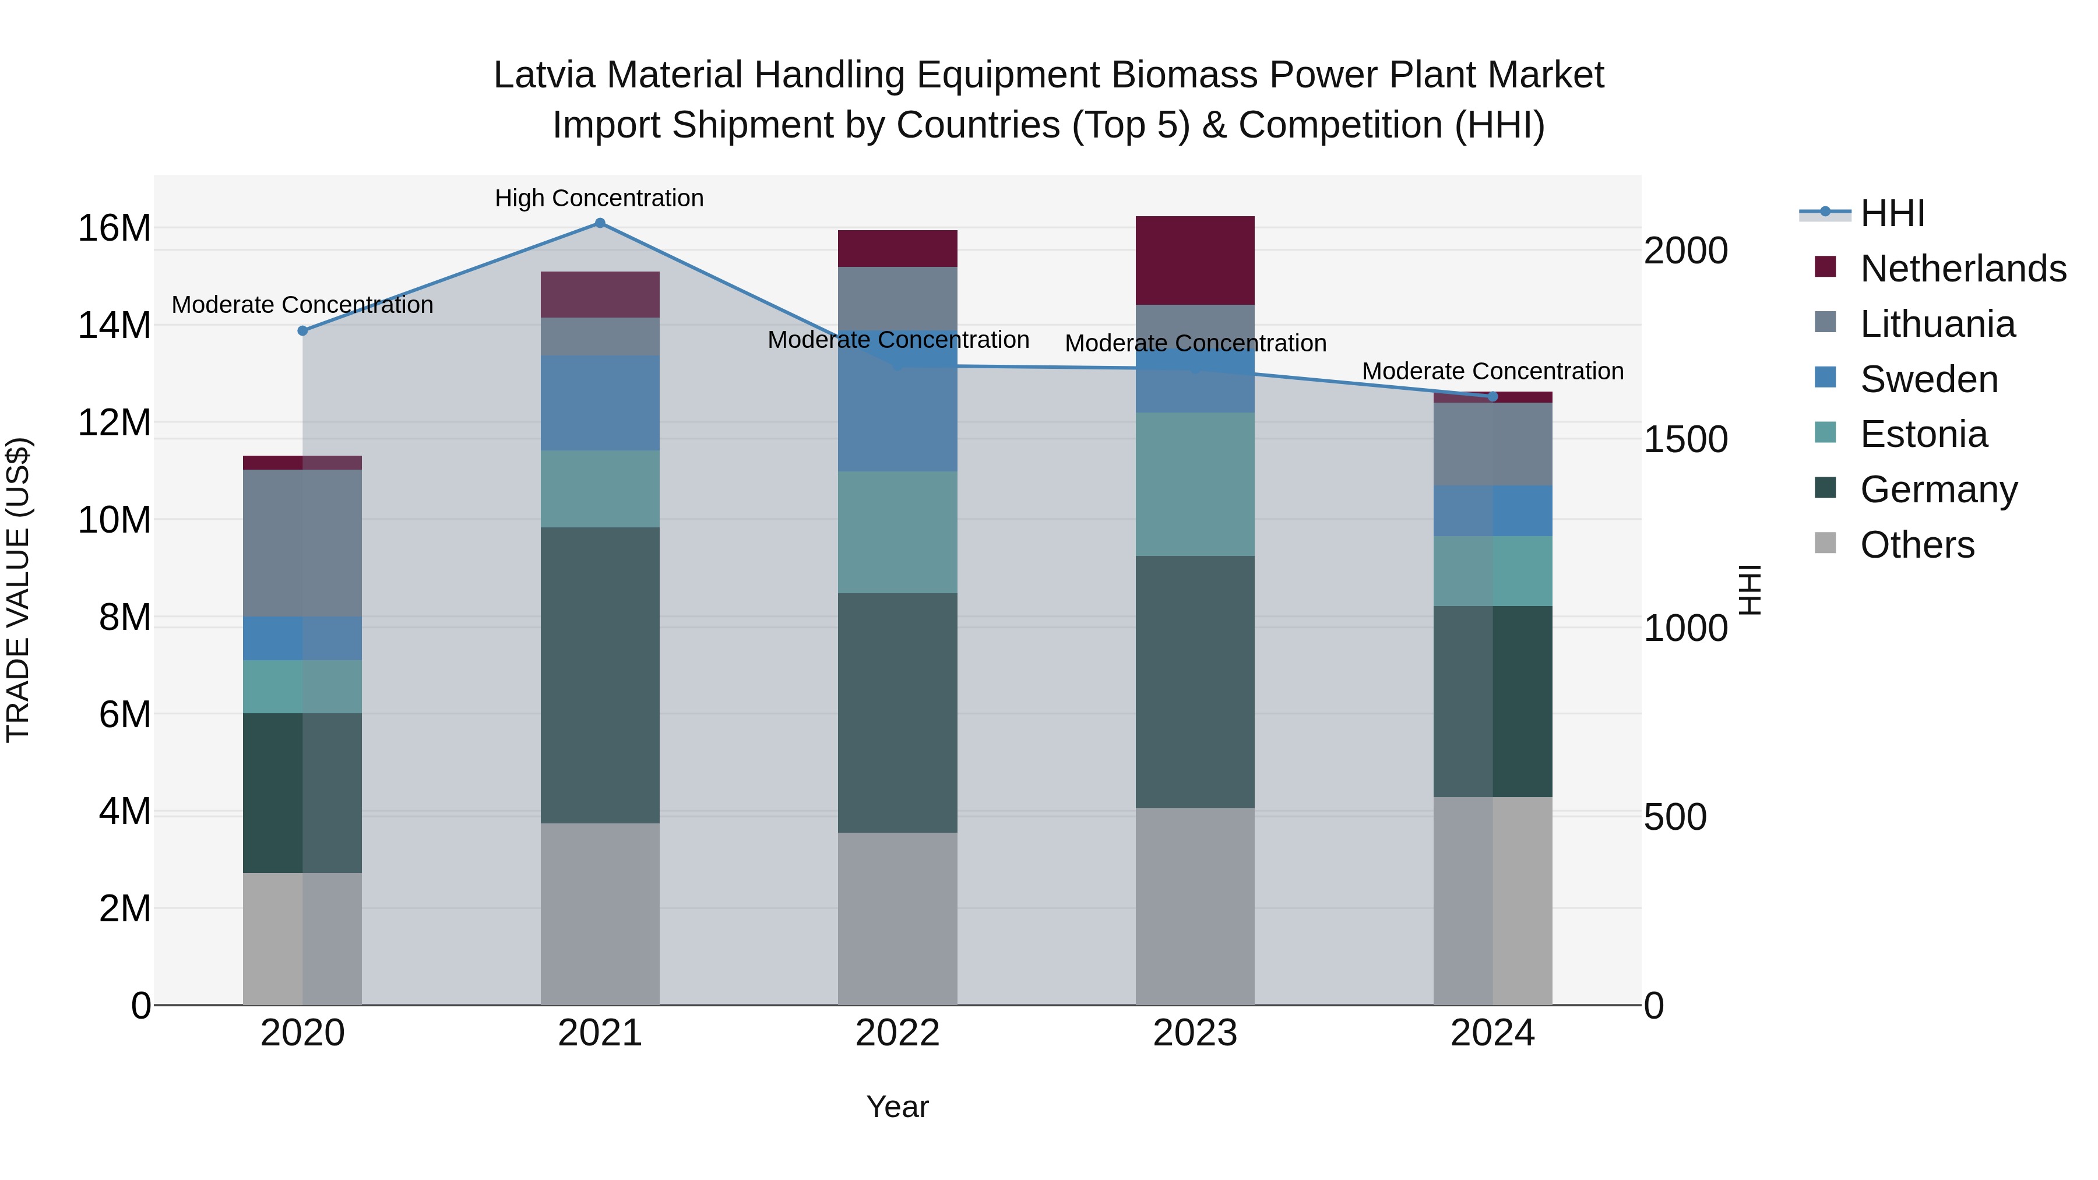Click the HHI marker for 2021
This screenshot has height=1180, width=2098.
600,223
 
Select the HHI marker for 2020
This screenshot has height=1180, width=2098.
302,330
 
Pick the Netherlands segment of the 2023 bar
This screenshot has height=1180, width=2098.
1195,260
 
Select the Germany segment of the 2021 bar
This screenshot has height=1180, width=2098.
600,675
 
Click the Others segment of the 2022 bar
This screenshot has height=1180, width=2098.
897,918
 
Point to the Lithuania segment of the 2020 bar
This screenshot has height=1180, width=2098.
302,543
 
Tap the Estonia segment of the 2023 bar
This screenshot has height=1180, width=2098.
1195,485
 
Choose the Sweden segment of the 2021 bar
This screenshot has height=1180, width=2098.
600,403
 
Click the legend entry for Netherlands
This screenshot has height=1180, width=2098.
1963,269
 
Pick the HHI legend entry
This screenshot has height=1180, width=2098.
1892,213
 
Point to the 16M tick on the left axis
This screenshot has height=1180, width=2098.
114,228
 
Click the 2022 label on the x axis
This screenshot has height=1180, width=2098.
897,1033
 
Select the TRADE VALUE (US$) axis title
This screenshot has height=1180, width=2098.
18,590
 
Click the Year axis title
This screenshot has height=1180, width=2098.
897,1107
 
